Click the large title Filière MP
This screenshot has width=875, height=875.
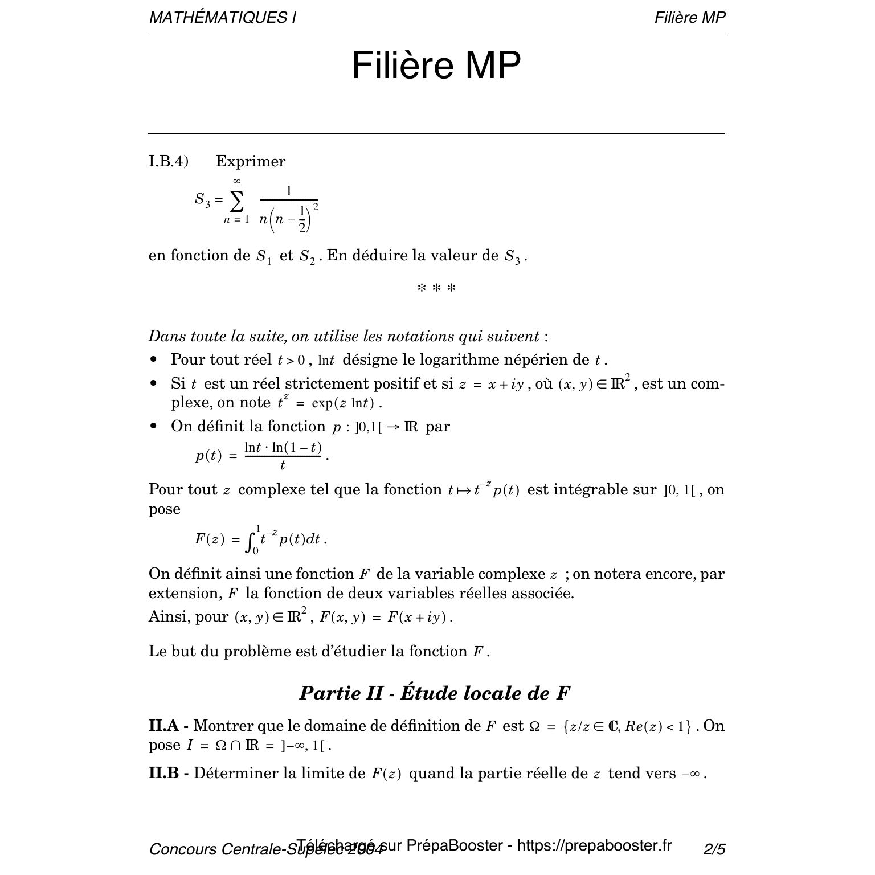coord(436,66)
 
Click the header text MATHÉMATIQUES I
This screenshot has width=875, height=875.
coord(222,18)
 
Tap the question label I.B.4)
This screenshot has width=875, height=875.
coord(168,162)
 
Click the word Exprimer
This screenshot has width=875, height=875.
coord(251,162)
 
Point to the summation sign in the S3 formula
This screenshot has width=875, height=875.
coord(236,201)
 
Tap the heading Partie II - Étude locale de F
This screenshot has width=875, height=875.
coord(435,693)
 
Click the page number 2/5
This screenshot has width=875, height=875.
coord(714,849)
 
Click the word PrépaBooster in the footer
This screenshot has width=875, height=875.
coord(455,845)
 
